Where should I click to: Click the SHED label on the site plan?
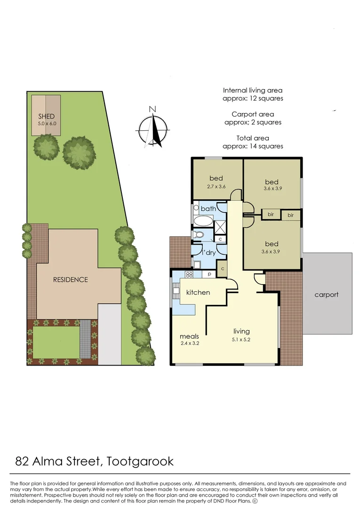[x=46, y=116]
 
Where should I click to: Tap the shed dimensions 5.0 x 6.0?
[x=46, y=123]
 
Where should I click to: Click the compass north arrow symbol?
[x=153, y=127]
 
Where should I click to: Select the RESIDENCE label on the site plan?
[x=70, y=279]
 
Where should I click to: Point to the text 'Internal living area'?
[x=253, y=90]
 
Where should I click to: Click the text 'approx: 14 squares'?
[x=253, y=146]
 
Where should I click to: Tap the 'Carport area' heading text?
[x=253, y=114]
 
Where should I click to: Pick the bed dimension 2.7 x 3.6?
[x=216, y=186]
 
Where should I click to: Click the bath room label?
[x=208, y=208]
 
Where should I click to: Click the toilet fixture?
[x=199, y=235]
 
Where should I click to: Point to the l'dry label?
[x=208, y=253]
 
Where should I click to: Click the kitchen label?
[x=198, y=292]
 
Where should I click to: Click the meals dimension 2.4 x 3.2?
[x=190, y=344]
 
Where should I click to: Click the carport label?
[x=327, y=294]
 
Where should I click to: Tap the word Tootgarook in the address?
[x=140, y=460]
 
